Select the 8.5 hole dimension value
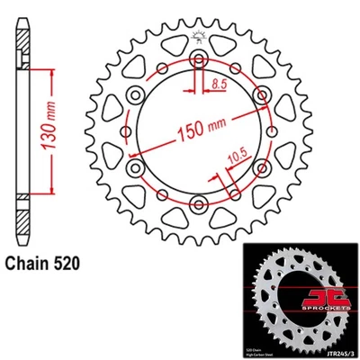[217, 83]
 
